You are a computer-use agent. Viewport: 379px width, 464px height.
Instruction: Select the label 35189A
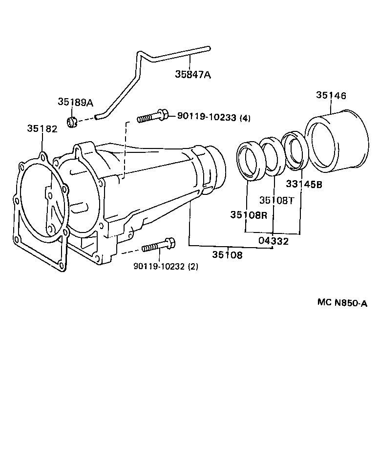[x=75, y=102]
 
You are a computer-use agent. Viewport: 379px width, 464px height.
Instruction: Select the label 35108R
[x=249, y=215]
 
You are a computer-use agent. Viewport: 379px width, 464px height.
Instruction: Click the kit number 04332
[x=274, y=241]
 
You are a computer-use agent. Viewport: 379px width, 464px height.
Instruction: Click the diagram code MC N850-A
[x=341, y=303]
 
